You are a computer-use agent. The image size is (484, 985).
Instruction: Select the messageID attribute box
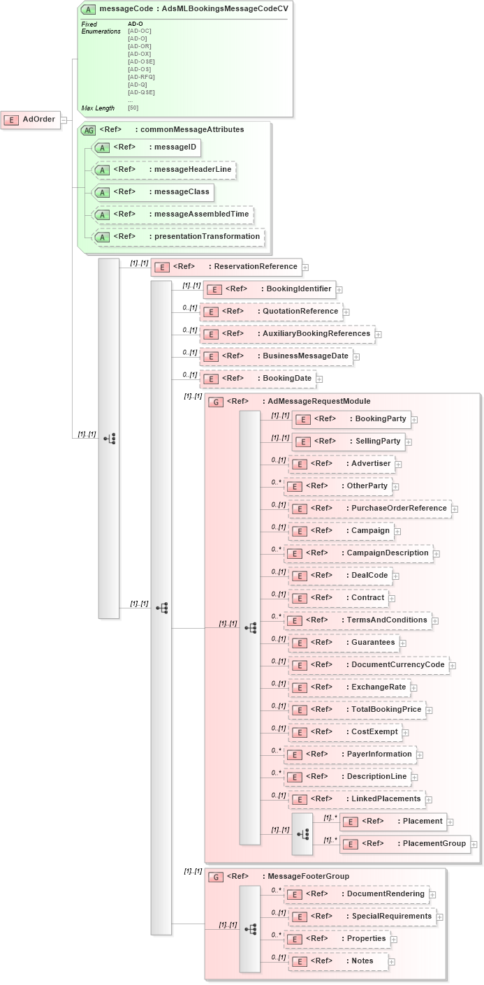pos(147,147)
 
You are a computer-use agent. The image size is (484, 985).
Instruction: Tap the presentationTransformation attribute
pos(179,237)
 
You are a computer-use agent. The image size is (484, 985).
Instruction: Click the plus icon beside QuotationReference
pos(346,312)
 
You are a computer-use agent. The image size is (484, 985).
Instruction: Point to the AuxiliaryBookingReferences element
pos(287,334)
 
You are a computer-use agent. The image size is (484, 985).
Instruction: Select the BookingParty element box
pos(351,419)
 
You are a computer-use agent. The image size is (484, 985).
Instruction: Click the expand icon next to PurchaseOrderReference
pos(455,509)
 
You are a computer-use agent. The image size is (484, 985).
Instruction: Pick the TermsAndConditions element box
pos(358,620)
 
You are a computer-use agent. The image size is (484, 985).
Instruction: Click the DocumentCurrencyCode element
pos(367,665)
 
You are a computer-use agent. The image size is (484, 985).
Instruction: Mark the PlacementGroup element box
pos(404,844)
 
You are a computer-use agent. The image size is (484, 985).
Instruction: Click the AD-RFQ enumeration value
pos(141,77)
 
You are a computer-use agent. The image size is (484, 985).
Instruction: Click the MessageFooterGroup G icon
pos(217,877)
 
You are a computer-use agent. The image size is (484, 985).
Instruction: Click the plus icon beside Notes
pos(392,962)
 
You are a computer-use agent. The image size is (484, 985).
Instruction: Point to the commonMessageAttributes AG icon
pos(89,130)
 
